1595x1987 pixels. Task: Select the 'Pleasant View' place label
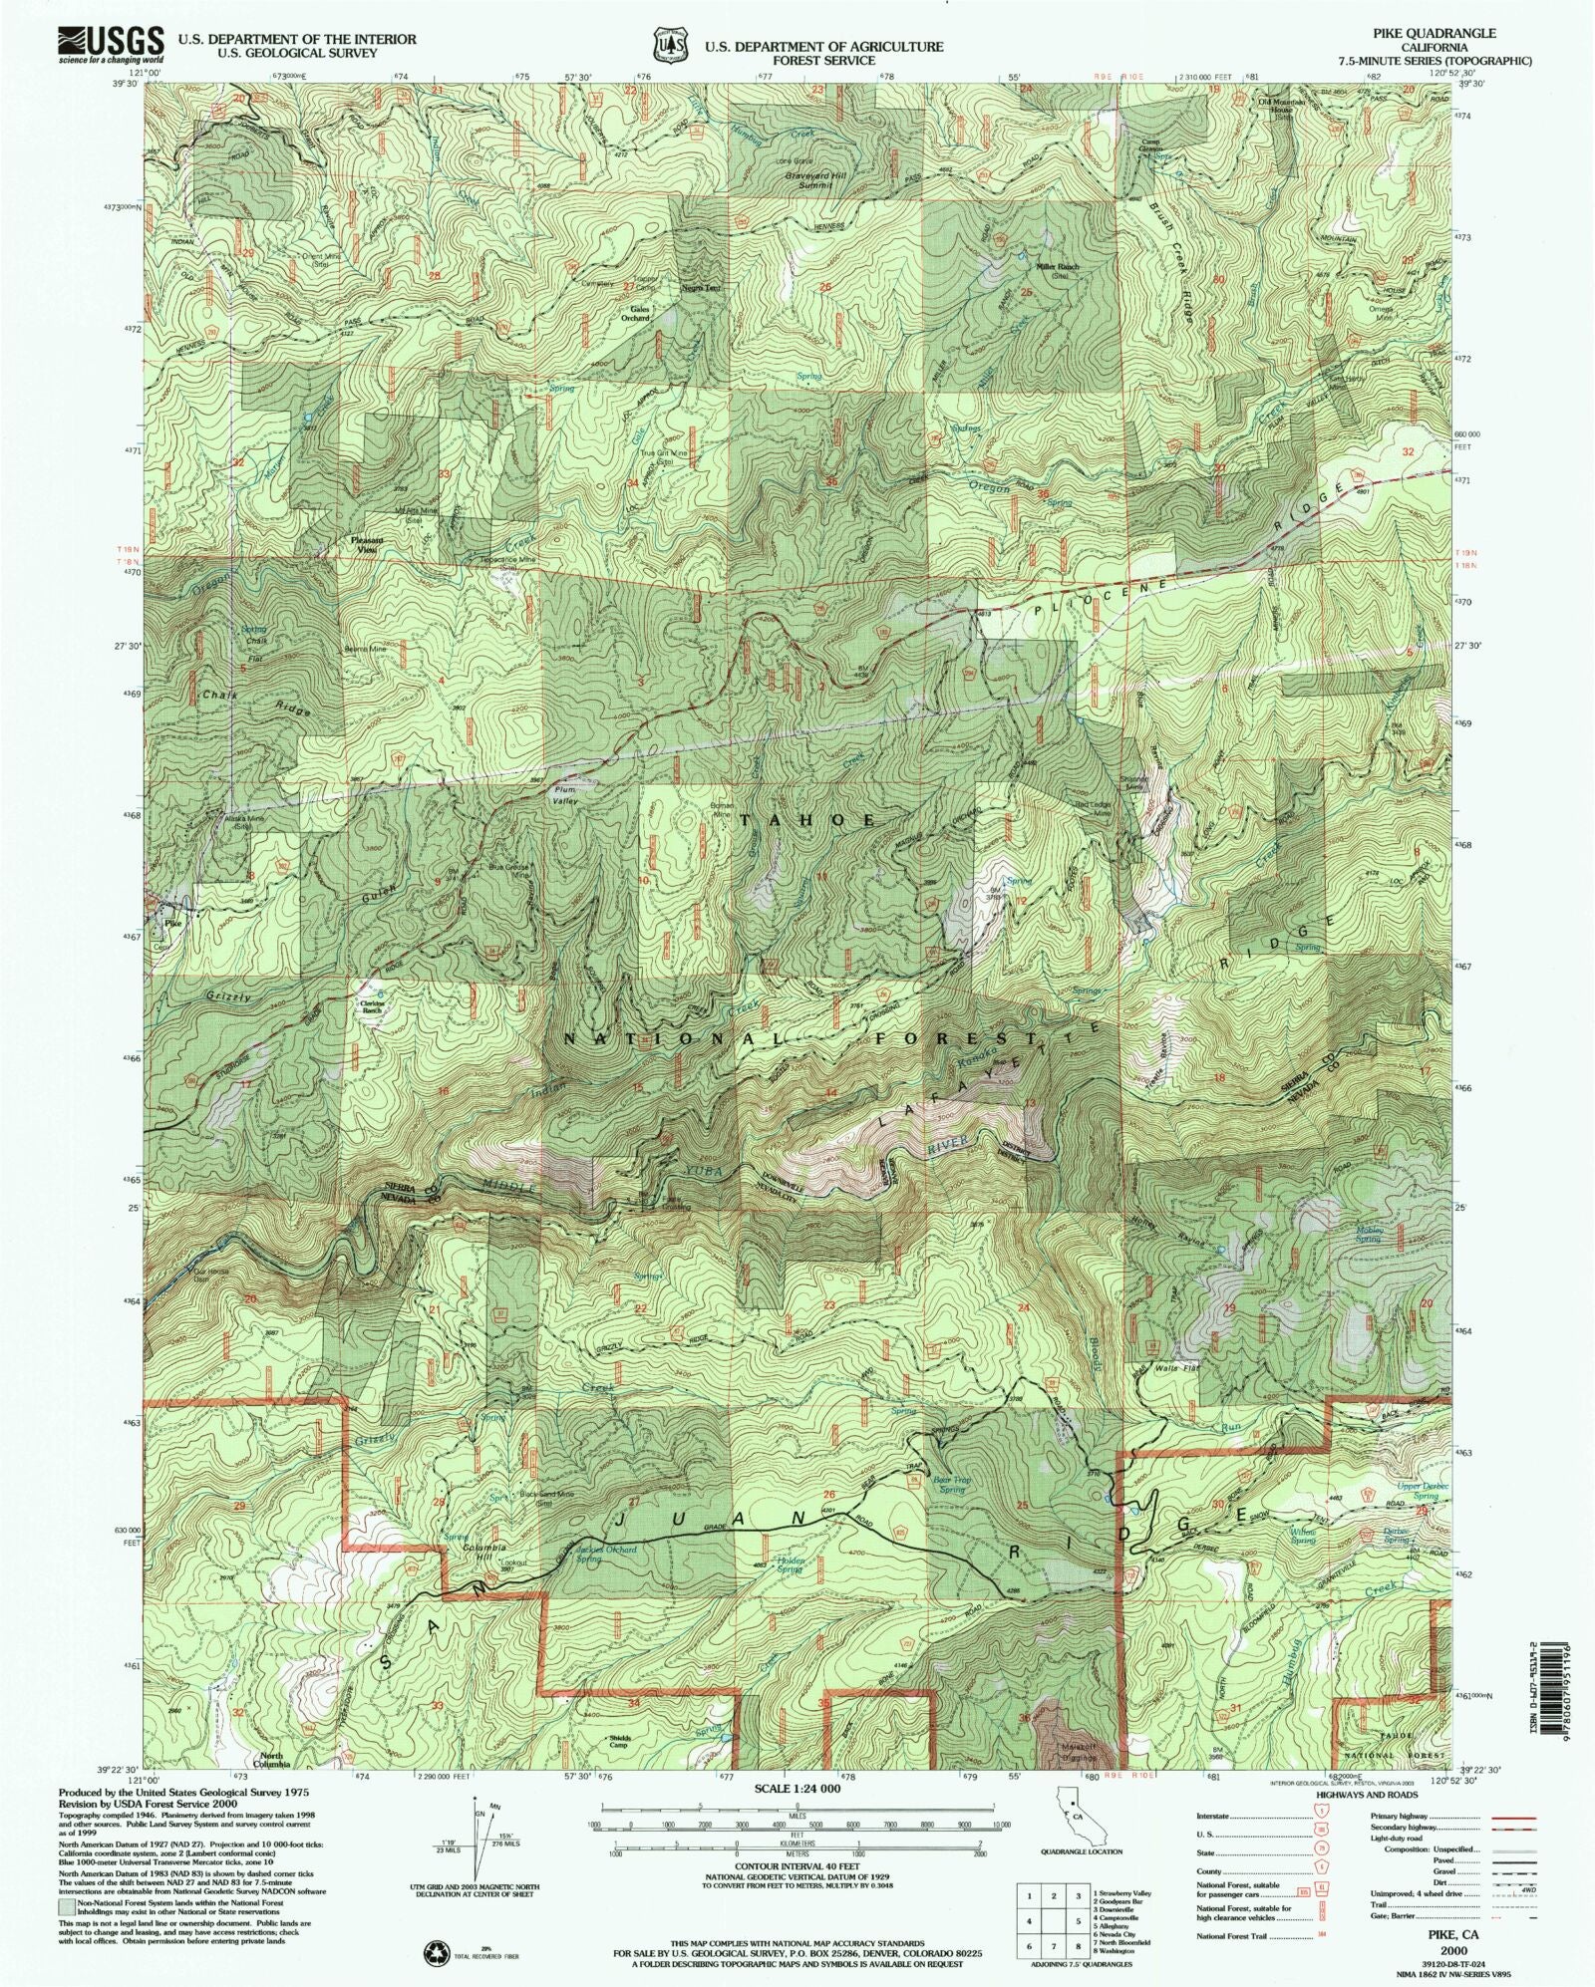coord(367,544)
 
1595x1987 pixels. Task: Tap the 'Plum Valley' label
coord(566,796)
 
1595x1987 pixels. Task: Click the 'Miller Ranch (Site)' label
coord(1057,271)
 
